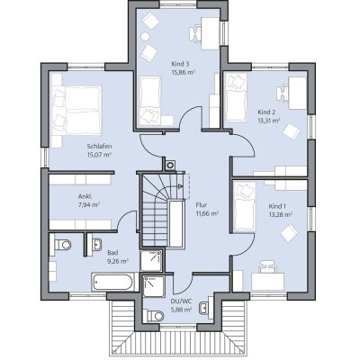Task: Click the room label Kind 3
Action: (180, 64)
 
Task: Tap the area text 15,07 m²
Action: (99, 155)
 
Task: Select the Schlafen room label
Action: (99, 147)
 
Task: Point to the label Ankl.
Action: (85, 197)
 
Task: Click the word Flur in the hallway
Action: (202, 205)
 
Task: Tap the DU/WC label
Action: (181, 301)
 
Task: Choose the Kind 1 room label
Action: (277, 206)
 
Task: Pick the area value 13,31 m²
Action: (269, 121)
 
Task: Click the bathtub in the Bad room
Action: (112, 282)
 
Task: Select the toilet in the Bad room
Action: (63, 245)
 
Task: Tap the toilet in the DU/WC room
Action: (156, 316)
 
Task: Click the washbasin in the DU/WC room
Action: (204, 307)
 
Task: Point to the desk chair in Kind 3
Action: (196, 33)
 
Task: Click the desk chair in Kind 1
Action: (267, 266)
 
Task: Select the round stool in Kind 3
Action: (145, 36)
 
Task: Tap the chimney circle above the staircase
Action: (170, 165)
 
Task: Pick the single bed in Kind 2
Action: (236, 97)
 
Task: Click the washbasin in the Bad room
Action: (96, 244)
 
